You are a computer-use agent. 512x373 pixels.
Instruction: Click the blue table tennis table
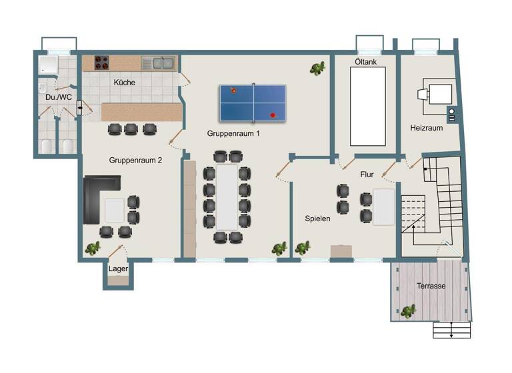[253, 103]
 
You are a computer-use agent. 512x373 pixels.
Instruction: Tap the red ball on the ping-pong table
[273, 115]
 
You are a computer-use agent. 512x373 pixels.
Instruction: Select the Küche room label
[125, 83]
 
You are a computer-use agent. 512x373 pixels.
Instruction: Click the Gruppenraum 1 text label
[233, 133]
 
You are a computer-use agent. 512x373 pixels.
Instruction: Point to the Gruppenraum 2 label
[136, 161]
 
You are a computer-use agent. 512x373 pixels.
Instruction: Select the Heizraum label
[427, 128]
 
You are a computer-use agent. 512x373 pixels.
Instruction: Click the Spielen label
[317, 218]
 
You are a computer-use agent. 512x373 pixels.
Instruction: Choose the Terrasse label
[431, 286]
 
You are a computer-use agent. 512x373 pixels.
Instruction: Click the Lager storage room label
[118, 268]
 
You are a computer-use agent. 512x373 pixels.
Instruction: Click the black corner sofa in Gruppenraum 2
[97, 198]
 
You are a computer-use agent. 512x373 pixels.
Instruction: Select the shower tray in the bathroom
[50, 65]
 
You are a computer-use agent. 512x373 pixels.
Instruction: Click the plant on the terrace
[408, 310]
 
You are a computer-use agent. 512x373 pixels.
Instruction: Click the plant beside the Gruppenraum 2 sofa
[92, 249]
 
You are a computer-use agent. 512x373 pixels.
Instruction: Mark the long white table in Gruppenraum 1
[227, 197]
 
